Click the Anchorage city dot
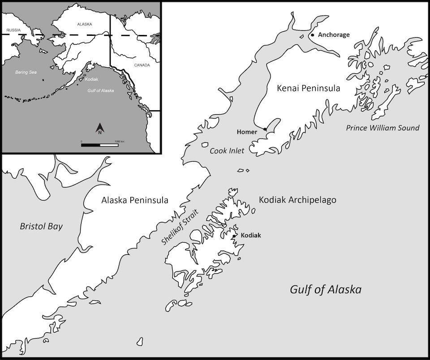pos(312,35)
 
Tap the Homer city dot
pos(265,129)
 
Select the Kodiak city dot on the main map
pos(234,236)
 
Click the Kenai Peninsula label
pos(308,88)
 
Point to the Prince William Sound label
pos(383,128)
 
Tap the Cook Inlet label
pos(227,151)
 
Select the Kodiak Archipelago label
pos(297,200)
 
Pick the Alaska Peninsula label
pos(135,200)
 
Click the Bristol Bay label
pos(41,227)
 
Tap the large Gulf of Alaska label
pos(325,289)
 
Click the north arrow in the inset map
pos(100,129)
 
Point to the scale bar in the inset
pos(100,145)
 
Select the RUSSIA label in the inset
pos(13,30)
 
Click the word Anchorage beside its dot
pos(333,35)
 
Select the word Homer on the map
pos(248,132)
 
